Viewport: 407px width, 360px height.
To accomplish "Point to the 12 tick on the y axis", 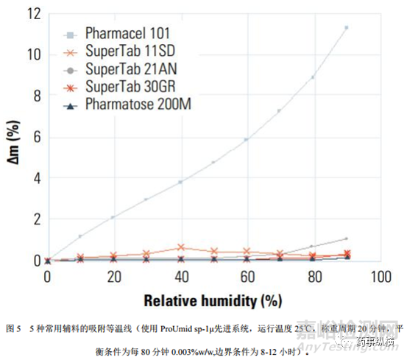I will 32,13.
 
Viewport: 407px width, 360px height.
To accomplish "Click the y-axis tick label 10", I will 32,54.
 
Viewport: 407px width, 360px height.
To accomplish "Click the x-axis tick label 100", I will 380,276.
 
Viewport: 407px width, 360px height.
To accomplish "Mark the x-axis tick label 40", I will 180,276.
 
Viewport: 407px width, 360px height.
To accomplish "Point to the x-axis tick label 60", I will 247,276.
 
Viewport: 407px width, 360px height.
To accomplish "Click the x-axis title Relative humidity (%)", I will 213,300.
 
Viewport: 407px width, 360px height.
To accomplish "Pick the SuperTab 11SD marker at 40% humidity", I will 180,247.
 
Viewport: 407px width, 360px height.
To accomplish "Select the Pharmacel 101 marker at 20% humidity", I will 113,217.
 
